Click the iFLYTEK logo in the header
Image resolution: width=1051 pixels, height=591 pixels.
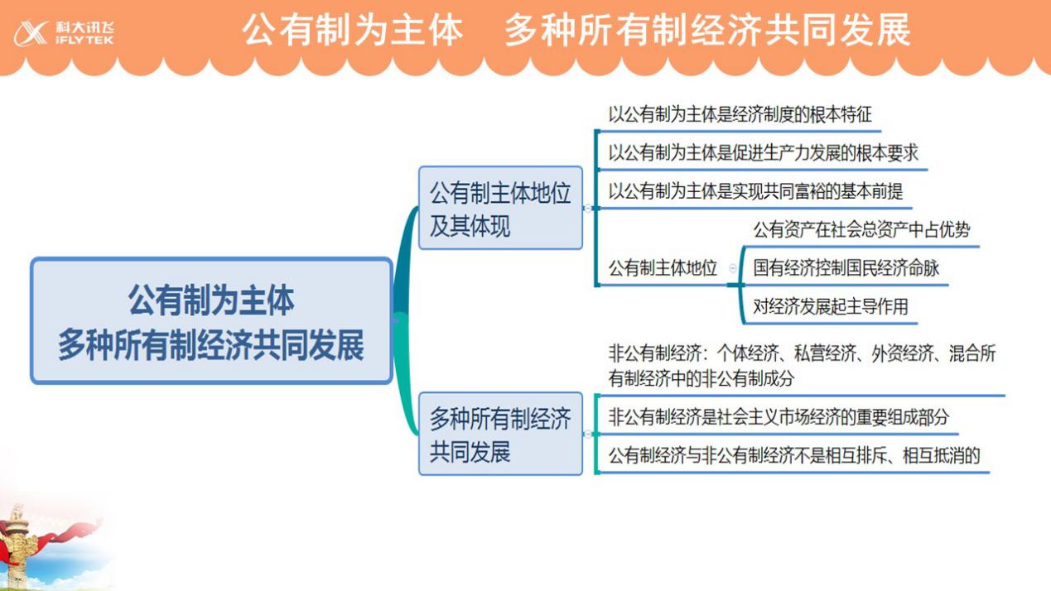point(64,33)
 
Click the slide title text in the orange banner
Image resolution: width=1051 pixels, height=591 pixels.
point(576,30)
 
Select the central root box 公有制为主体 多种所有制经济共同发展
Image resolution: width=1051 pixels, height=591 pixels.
point(211,321)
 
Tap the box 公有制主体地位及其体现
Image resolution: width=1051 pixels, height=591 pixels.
point(500,208)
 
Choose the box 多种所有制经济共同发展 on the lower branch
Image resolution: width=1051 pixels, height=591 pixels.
point(500,434)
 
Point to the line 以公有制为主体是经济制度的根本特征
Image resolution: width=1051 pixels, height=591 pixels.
point(740,114)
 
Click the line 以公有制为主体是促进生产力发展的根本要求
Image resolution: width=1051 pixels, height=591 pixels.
point(763,153)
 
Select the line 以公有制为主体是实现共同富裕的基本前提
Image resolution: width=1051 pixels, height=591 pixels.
point(755,191)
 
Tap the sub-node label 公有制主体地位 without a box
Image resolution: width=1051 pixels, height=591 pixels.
point(663,268)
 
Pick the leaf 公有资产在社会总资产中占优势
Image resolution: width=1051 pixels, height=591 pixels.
point(861,230)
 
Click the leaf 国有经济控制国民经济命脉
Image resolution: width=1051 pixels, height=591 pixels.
point(846,268)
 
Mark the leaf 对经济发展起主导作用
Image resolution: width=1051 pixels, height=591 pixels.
point(831,306)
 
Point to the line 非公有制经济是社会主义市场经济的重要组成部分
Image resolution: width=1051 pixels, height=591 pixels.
point(779,417)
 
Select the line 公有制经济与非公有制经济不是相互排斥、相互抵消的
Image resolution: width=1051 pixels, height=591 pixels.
point(794,455)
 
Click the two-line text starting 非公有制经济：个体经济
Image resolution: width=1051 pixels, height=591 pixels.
point(802,366)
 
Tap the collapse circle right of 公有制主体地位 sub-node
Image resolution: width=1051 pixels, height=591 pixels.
point(732,268)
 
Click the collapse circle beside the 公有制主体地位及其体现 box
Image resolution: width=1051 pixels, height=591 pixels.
point(588,209)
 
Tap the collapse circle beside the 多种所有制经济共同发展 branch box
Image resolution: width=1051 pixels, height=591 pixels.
point(588,435)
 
